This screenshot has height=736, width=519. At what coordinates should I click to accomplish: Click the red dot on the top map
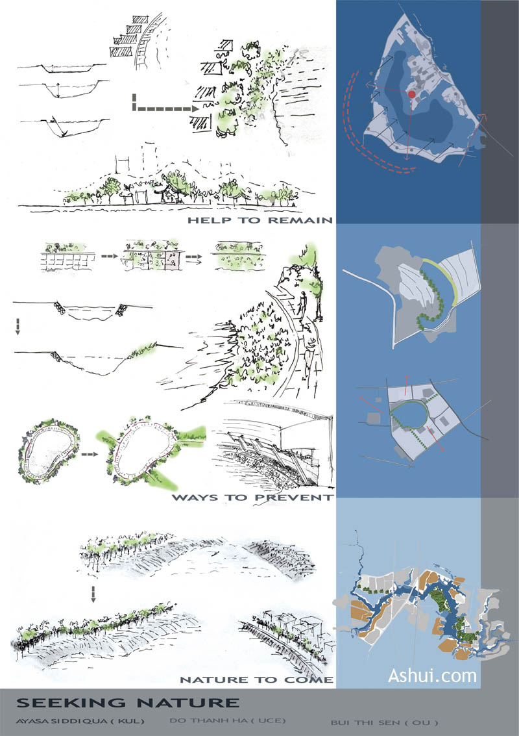click(x=412, y=94)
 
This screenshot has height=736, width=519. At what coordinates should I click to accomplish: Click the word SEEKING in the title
click(x=71, y=703)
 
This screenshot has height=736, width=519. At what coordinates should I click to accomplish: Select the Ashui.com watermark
click(x=432, y=676)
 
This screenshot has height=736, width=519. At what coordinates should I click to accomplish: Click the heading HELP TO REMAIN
click(x=260, y=220)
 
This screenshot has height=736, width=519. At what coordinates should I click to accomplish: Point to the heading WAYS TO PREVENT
click(x=253, y=498)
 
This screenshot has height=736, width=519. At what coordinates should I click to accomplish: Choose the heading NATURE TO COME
click(x=257, y=679)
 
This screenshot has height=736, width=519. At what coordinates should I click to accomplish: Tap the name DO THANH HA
click(x=207, y=720)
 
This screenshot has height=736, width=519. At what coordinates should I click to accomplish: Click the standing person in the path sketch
click(x=304, y=303)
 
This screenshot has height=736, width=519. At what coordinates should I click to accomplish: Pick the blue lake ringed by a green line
click(x=409, y=415)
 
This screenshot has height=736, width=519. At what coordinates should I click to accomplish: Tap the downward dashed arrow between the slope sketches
click(x=93, y=594)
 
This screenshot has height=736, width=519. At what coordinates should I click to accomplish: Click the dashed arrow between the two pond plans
click(x=90, y=454)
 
